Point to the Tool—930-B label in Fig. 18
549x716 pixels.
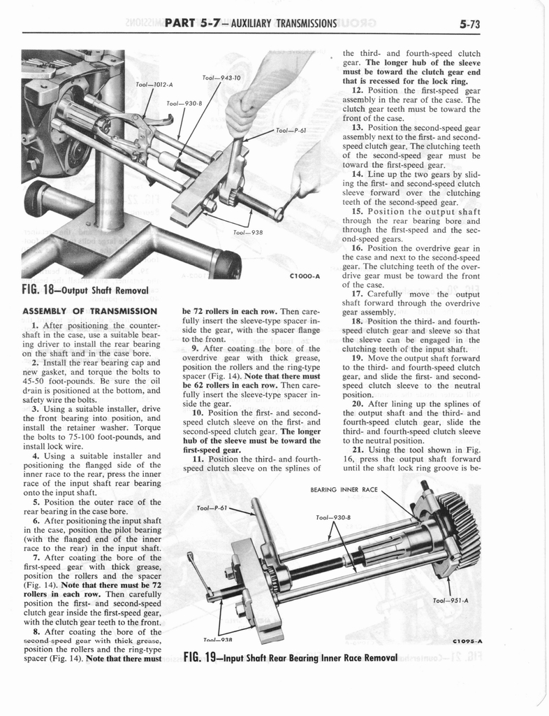(x=184, y=103)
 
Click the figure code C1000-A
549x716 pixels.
(x=304, y=276)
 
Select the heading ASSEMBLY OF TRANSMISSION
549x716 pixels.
(x=89, y=311)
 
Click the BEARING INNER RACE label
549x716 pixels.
(x=343, y=490)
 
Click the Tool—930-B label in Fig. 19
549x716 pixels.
(x=332, y=518)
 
